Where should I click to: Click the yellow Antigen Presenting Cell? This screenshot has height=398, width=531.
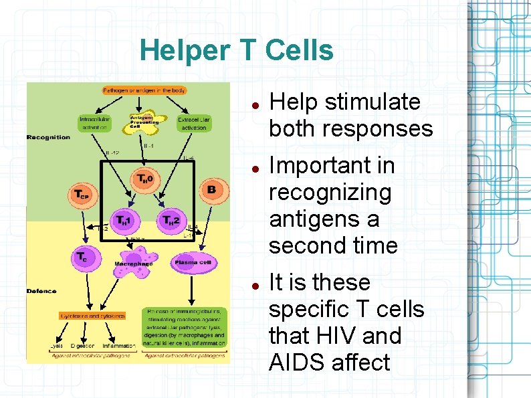(144, 121)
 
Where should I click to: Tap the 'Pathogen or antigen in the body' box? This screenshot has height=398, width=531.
(144, 90)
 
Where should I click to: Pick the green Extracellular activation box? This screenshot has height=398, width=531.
(194, 123)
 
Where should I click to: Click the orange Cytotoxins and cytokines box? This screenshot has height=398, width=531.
(92, 315)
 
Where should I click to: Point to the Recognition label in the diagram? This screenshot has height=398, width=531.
(48, 138)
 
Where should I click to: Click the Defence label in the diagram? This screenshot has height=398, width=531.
(41, 291)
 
